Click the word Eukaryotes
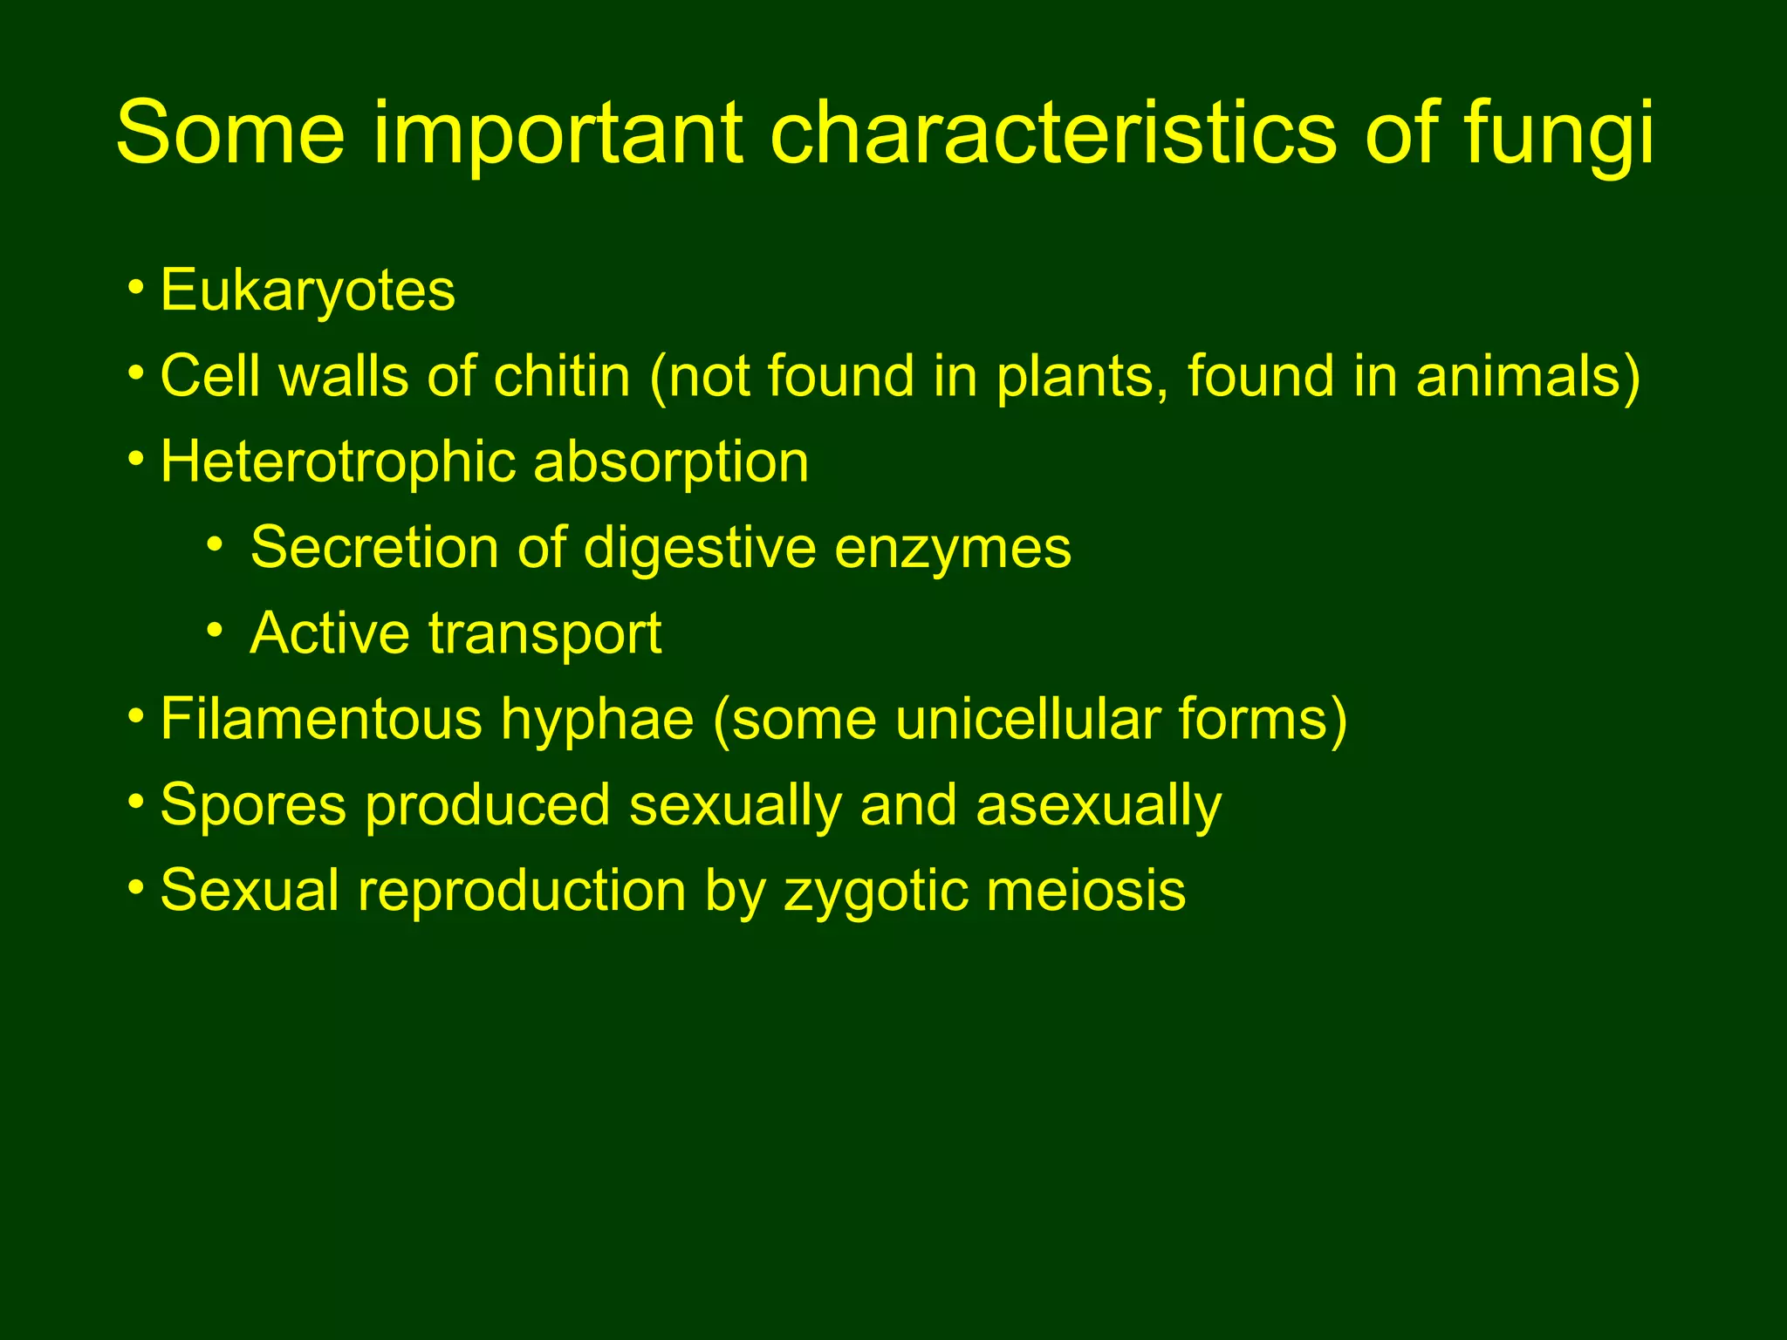(307, 291)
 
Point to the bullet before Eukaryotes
(135, 287)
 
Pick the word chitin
(561, 376)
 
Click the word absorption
(671, 463)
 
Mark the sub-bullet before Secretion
(215, 545)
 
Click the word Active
(329, 632)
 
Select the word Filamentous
(320, 719)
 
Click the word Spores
(253, 806)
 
